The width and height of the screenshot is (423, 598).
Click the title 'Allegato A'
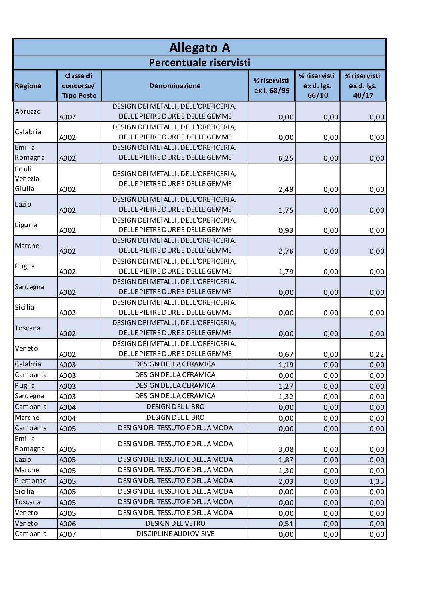pyautogui.click(x=200, y=48)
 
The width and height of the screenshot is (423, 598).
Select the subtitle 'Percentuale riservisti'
pyautogui.click(x=200, y=63)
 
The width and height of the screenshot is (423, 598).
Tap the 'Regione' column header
pyautogui.click(x=28, y=86)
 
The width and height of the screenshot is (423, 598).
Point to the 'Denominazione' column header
pyautogui.click(x=175, y=86)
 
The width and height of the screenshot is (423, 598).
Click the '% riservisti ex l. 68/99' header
pyautogui.click(x=271, y=86)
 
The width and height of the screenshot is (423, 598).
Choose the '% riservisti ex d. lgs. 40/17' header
pyautogui.click(x=363, y=86)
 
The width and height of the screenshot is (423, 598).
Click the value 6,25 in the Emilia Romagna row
pyautogui.click(x=286, y=158)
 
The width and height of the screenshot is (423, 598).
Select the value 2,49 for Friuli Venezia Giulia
pyautogui.click(x=286, y=189)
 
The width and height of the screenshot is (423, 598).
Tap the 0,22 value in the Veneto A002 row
pyautogui.click(x=377, y=354)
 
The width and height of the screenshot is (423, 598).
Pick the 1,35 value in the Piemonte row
pyautogui.click(x=377, y=481)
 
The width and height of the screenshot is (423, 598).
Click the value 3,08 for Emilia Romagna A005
pyautogui.click(x=286, y=449)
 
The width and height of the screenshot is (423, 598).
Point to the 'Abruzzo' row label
pyautogui.click(x=28, y=111)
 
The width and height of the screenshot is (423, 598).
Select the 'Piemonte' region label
pyautogui.click(x=30, y=481)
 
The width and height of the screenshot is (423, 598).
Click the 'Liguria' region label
pyautogui.click(x=26, y=225)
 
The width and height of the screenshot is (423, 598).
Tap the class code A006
pyautogui.click(x=68, y=524)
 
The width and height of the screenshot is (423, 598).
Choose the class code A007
pyautogui.click(x=68, y=534)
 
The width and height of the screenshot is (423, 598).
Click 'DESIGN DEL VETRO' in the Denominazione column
pyautogui.click(x=175, y=523)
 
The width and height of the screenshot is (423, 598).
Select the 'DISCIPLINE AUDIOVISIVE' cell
pyautogui.click(x=175, y=534)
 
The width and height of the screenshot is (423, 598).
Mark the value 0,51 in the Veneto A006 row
pyautogui.click(x=286, y=524)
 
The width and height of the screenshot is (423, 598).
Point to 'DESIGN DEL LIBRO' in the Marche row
pyautogui.click(x=175, y=417)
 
